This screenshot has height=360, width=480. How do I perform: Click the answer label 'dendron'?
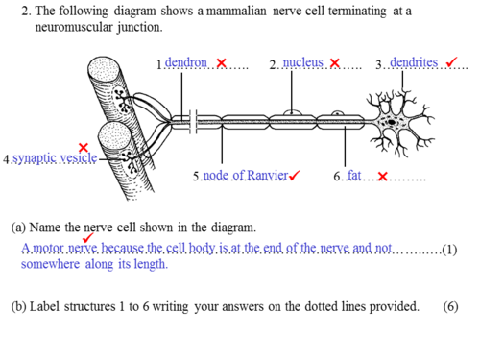click(x=186, y=62)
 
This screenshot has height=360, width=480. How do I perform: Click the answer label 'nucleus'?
click(x=303, y=62)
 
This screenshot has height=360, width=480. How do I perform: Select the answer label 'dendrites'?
click(x=414, y=62)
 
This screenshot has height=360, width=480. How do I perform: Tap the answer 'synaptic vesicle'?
click(x=55, y=158)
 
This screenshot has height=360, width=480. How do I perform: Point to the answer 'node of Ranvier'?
click(x=246, y=176)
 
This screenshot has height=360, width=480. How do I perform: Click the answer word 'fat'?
click(x=354, y=176)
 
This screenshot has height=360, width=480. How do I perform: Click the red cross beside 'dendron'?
click(x=222, y=63)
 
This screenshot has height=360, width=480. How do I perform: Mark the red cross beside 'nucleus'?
click(x=335, y=63)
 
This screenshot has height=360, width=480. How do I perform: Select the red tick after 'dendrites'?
click(x=451, y=62)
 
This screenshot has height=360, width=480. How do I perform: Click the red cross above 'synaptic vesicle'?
click(x=84, y=148)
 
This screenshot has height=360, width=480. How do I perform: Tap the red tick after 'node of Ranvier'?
click(x=294, y=175)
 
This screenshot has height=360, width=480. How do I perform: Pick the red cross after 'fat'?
click(x=383, y=177)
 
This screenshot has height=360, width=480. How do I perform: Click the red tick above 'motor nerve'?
click(x=87, y=238)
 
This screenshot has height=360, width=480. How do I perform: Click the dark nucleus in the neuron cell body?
click(x=392, y=122)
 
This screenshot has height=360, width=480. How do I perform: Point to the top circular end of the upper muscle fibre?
click(x=105, y=69)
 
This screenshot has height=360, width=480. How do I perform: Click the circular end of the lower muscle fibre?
click(x=114, y=135)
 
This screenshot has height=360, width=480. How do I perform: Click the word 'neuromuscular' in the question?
click(x=74, y=27)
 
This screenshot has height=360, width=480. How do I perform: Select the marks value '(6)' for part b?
click(x=450, y=306)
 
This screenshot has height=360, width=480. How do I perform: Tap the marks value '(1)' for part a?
click(x=449, y=250)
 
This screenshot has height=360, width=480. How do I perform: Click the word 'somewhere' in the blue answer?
click(x=50, y=264)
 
